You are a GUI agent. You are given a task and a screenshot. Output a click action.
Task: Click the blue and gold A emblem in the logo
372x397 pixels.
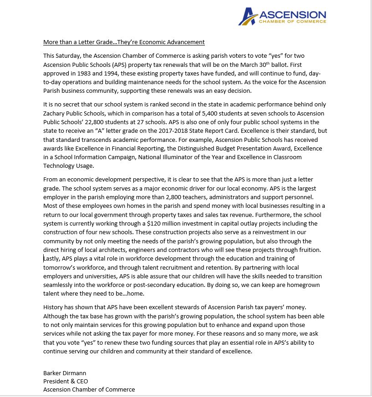249,16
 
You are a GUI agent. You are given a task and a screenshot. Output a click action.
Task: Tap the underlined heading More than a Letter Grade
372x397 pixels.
124,42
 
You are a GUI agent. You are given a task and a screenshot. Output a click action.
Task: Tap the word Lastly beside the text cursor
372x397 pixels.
52,258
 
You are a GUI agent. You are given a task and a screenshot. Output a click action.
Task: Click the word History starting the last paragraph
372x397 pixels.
54,307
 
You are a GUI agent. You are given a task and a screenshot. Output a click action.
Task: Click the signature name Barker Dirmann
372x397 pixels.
65,373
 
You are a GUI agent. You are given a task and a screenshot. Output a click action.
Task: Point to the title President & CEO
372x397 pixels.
66,381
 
